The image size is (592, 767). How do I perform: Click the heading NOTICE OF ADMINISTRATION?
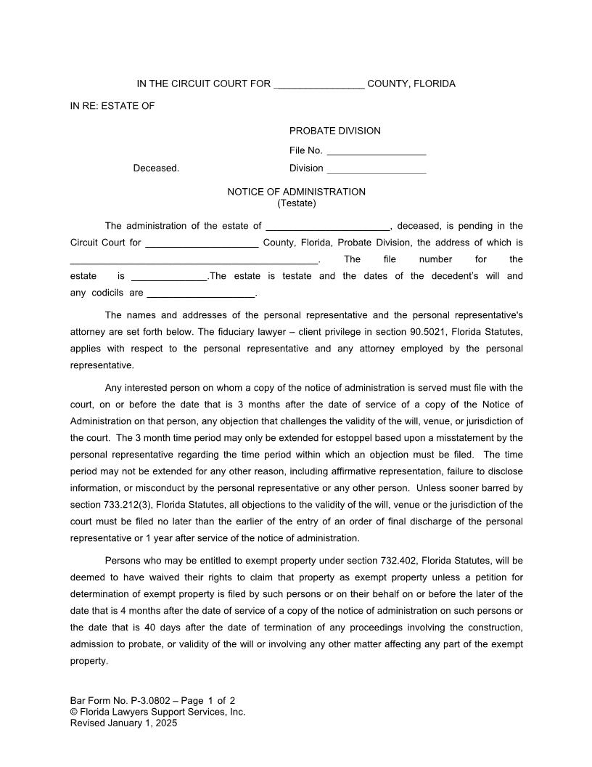point(296,192)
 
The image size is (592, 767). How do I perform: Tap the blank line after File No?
point(376,152)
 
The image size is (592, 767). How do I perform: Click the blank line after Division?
point(376,169)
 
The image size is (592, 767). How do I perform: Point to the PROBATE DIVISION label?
point(334,131)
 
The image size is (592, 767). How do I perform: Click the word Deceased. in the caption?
point(156,168)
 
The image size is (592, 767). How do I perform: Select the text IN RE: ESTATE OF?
point(112,106)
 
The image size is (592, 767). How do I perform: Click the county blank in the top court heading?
point(319,84)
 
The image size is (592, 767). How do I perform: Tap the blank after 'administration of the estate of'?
point(328,227)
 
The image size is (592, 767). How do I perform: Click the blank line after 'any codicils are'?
point(201,293)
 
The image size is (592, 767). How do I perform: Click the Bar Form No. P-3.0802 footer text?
point(152,701)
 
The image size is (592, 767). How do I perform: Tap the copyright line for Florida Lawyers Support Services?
point(157,712)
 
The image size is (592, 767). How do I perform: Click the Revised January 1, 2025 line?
point(123,723)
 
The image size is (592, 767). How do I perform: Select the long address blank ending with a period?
point(194,260)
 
